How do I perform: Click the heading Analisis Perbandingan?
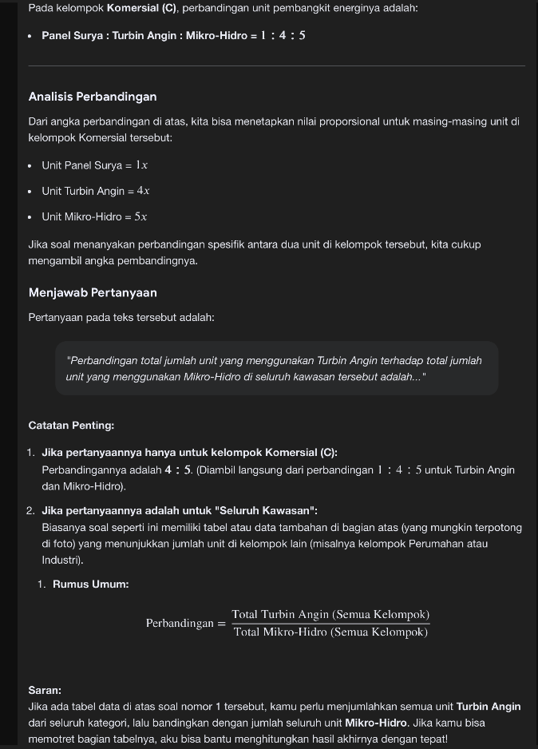click(x=92, y=97)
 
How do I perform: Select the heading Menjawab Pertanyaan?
click(x=93, y=293)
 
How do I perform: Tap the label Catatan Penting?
click(x=71, y=426)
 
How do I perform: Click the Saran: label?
click(x=45, y=690)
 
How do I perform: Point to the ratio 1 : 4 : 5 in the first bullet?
click(x=279, y=36)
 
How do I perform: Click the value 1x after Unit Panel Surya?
click(x=141, y=165)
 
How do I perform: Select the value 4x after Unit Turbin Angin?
click(x=143, y=191)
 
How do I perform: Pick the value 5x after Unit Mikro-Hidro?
click(x=141, y=216)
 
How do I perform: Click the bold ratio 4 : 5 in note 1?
click(x=179, y=470)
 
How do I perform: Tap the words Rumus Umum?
click(x=90, y=584)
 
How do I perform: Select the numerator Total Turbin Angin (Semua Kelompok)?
click(x=330, y=614)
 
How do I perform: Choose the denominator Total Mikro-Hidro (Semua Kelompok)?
click(x=330, y=632)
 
